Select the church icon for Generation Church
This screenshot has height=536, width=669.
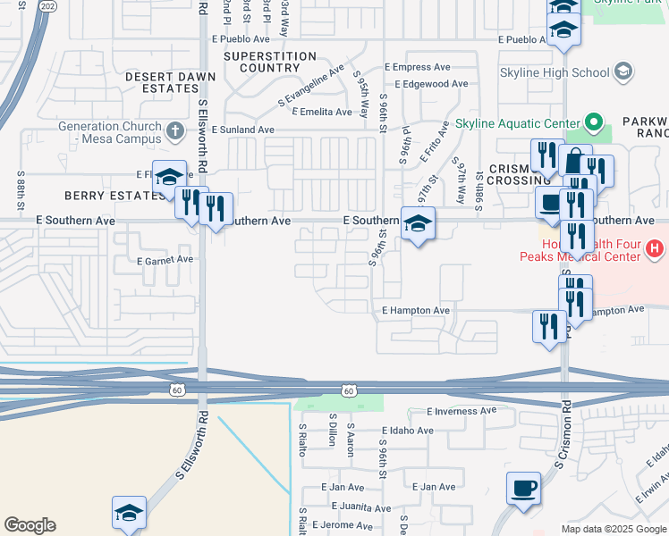[175, 131]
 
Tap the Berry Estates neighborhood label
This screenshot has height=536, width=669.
[106, 195]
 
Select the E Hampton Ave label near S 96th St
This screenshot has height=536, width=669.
[415, 310]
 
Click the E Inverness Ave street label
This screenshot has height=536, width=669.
[461, 411]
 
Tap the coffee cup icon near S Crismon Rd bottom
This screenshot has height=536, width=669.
[524, 489]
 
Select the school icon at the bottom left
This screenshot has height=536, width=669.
[130, 512]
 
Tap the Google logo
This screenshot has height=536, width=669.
[30, 525]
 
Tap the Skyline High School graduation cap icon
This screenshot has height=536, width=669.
[622, 71]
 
